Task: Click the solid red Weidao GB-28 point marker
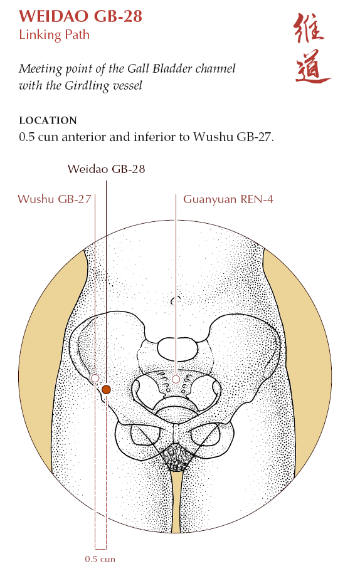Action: coord(107,389)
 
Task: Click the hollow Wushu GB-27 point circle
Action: coord(95,379)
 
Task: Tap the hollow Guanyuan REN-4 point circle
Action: coord(176,379)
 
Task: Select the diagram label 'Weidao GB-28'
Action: coord(107,169)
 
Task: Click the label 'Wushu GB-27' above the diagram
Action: coord(55,199)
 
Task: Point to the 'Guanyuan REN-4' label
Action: coord(228,199)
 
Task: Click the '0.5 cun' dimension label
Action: coord(100,559)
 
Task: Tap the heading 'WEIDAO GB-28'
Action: coord(81,16)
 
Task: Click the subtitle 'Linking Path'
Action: coord(54,34)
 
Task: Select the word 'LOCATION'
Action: coord(48,120)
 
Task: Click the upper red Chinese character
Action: coord(309,29)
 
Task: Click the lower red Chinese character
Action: coord(313,66)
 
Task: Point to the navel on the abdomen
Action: coord(176,300)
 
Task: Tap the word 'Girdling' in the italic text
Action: coord(87,86)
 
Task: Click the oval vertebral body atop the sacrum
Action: coord(177,350)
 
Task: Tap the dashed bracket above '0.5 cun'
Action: coord(100,548)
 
